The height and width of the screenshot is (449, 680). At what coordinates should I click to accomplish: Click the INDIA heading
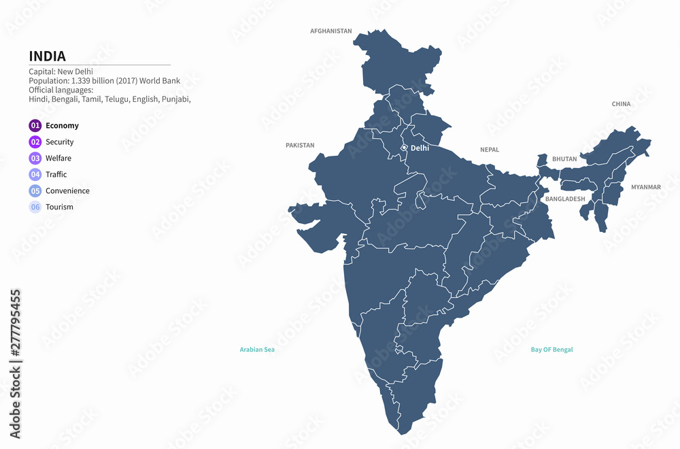click(47, 56)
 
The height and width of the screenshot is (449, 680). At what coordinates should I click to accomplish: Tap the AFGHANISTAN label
click(331, 31)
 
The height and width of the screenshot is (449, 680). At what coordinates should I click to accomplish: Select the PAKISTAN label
click(300, 146)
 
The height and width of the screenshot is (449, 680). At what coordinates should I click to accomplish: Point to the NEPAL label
click(490, 150)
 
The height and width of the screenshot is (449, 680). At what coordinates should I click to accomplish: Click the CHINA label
click(621, 104)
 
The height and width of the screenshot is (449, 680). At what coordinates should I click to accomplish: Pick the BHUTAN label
click(564, 159)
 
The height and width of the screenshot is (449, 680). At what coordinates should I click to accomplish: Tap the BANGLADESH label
click(565, 199)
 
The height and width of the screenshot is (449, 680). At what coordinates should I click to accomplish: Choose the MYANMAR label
click(645, 187)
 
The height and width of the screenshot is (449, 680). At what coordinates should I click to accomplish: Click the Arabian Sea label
click(257, 350)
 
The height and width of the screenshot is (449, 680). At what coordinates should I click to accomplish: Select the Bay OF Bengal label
click(551, 350)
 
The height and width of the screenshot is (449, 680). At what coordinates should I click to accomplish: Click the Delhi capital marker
click(404, 148)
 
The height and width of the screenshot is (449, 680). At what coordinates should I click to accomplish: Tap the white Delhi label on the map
click(420, 148)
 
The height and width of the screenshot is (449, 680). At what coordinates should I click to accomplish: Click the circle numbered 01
click(35, 125)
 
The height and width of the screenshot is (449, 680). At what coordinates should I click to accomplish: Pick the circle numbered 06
click(35, 207)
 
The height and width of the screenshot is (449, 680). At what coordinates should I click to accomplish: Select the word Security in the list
click(60, 142)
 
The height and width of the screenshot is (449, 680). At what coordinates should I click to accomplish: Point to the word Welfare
click(58, 159)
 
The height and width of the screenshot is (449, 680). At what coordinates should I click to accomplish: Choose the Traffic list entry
click(56, 175)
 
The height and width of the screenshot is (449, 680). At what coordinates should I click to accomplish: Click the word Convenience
click(67, 191)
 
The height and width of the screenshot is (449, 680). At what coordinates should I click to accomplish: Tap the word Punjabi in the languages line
click(175, 99)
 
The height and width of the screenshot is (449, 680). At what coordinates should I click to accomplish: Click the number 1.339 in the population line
click(81, 81)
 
